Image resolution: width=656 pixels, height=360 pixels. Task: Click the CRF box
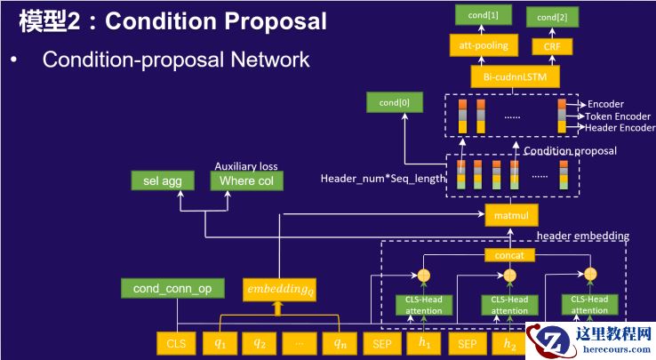552,47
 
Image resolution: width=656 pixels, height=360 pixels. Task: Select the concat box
510,255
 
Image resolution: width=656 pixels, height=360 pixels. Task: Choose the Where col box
246,181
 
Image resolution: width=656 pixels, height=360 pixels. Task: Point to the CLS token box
174,342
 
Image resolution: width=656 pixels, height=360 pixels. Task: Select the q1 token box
220,342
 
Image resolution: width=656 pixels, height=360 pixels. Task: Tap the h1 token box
424,342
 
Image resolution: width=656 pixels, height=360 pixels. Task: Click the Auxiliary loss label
245,164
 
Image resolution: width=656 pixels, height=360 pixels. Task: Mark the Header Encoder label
620,128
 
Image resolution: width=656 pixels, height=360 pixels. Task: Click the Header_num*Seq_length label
382,179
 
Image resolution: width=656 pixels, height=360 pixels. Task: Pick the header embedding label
582,236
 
